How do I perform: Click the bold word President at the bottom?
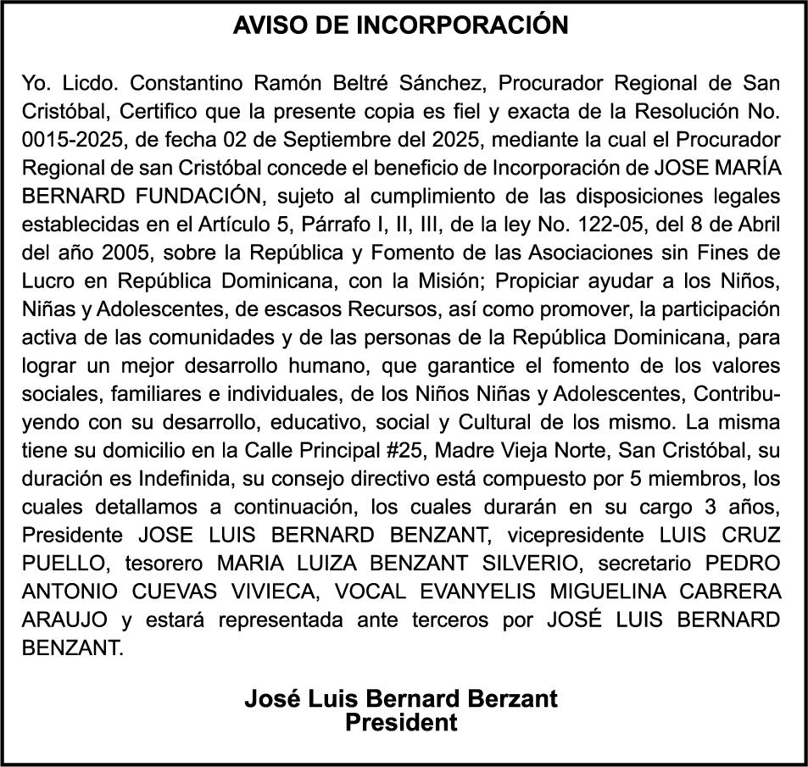tap(401, 722)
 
